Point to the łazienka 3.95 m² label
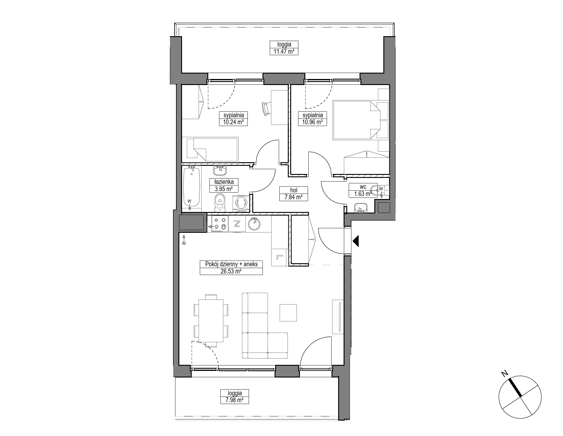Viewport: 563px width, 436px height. coord(224,185)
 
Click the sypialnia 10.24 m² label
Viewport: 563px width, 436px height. coord(234,118)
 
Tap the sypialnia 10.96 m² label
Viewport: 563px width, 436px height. coord(312,118)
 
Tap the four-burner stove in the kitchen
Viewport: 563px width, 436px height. coord(220,224)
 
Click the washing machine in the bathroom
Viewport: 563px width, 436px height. coord(241,201)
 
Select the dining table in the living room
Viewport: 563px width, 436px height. coord(211,321)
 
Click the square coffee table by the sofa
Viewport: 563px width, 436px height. coord(288,313)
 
